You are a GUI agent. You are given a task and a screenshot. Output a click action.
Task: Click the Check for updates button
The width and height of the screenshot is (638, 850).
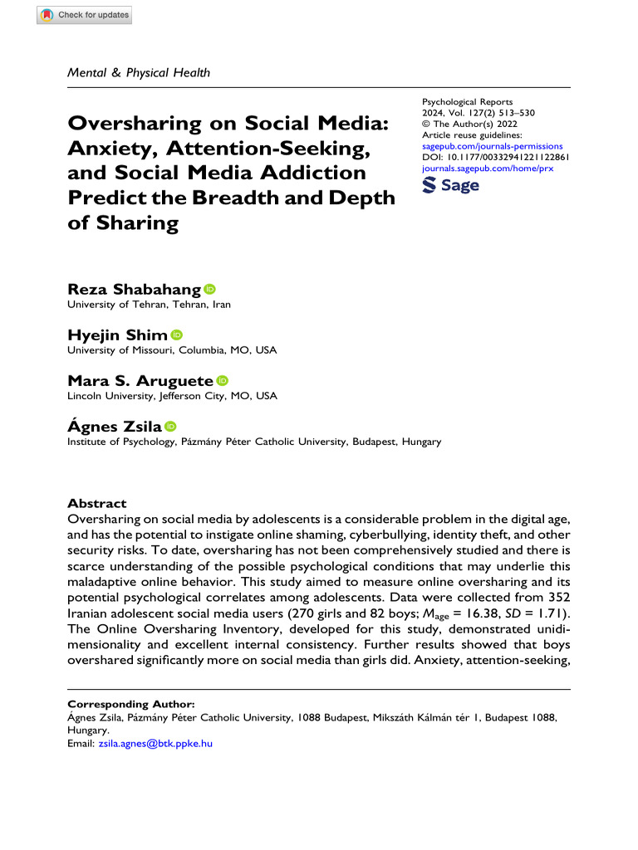coord(84,15)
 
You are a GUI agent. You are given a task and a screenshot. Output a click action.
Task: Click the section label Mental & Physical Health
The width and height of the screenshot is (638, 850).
coord(139,72)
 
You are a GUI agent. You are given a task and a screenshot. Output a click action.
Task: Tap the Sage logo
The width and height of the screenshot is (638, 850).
coord(451,185)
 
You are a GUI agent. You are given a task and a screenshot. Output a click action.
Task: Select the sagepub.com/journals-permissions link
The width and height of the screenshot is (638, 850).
coord(493,145)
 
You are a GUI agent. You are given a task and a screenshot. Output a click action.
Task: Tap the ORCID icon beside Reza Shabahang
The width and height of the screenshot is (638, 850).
coord(209,289)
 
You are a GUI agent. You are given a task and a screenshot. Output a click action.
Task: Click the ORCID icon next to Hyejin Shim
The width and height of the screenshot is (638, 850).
coord(177,335)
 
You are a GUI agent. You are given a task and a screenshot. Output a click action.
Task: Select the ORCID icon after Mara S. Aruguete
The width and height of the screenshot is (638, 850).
coord(222,380)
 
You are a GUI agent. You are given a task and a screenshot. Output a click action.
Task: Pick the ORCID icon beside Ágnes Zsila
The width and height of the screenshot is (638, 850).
coord(170,426)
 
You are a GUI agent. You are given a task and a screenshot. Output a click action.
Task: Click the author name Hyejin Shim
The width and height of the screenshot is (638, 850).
coord(117,335)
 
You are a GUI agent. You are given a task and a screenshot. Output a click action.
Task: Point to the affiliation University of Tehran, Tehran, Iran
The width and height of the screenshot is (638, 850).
coord(149,305)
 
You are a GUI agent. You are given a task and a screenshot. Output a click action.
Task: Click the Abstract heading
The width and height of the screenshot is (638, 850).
coord(96,503)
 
